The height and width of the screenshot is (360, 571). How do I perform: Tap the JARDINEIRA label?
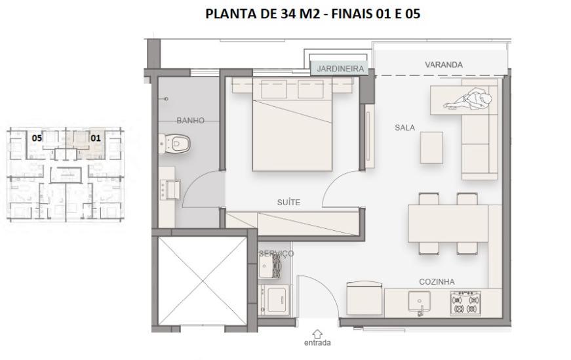point(340,68)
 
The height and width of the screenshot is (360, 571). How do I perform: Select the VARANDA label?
point(443,65)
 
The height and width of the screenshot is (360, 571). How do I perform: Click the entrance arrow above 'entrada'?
point(318,333)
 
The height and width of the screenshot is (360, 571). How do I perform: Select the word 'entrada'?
point(318,342)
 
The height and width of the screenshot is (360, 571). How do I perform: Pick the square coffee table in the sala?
point(431,148)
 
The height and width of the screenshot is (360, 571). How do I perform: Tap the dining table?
point(448,224)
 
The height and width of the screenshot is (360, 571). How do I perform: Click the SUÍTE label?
point(288,203)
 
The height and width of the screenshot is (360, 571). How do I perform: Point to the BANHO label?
point(190,121)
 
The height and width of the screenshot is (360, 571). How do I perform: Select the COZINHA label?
point(437,282)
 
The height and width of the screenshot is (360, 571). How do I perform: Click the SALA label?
point(404,128)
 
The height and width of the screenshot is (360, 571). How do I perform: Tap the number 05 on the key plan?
point(37,138)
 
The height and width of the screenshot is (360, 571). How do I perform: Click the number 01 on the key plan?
point(95,138)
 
